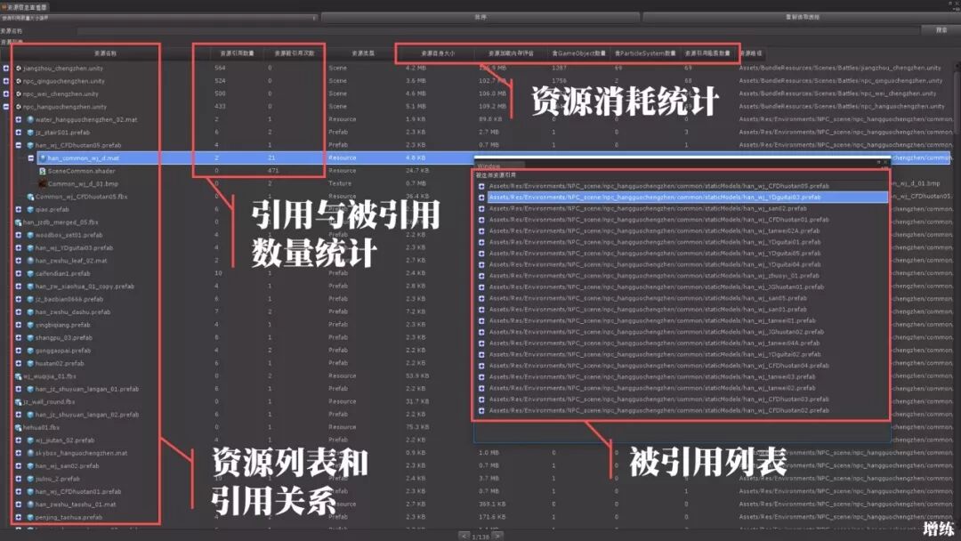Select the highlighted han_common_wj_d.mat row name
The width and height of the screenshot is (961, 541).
click(x=84, y=157)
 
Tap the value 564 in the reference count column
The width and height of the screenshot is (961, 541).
click(x=220, y=68)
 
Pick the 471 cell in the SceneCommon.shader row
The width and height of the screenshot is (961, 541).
click(x=273, y=170)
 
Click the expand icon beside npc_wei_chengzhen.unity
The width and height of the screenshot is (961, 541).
click(x=7, y=93)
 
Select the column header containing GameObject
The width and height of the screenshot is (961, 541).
click(x=578, y=53)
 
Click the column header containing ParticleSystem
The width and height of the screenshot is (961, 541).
click(x=645, y=53)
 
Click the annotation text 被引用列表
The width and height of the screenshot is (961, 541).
click(x=707, y=462)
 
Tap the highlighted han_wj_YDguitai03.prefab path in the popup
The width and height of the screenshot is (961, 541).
click(x=654, y=197)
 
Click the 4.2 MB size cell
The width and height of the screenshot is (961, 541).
click(x=416, y=68)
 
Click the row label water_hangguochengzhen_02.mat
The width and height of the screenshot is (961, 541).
click(x=85, y=119)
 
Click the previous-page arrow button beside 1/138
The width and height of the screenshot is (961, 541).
click(x=464, y=536)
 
